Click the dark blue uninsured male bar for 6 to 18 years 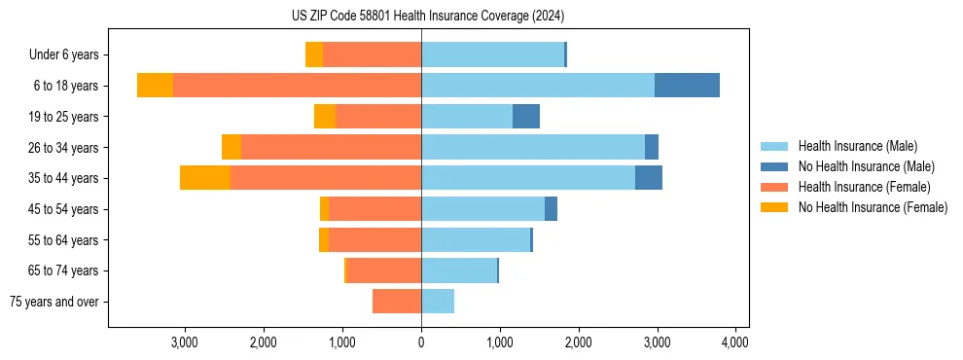pyautogui.click(x=687, y=86)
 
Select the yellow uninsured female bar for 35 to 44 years pyautogui.click(x=205, y=178)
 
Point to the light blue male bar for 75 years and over pyautogui.click(x=438, y=302)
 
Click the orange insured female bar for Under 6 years pyautogui.click(x=372, y=54)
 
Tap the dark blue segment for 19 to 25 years pyautogui.click(x=526, y=117)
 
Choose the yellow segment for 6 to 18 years pyautogui.click(x=155, y=86)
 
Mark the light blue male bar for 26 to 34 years pyautogui.click(x=533, y=147)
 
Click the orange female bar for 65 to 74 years pyautogui.click(x=384, y=270)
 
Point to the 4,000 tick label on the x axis pyautogui.click(x=735, y=342)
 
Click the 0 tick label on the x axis pyautogui.click(x=421, y=342)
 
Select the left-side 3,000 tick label pyautogui.click(x=185, y=342)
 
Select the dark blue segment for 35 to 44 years pyautogui.click(x=649, y=178)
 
